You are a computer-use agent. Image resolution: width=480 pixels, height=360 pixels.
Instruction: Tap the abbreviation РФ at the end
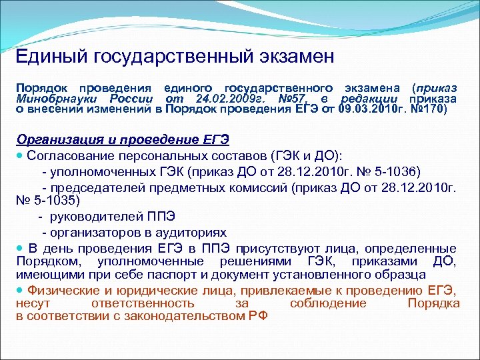pos(256,316)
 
